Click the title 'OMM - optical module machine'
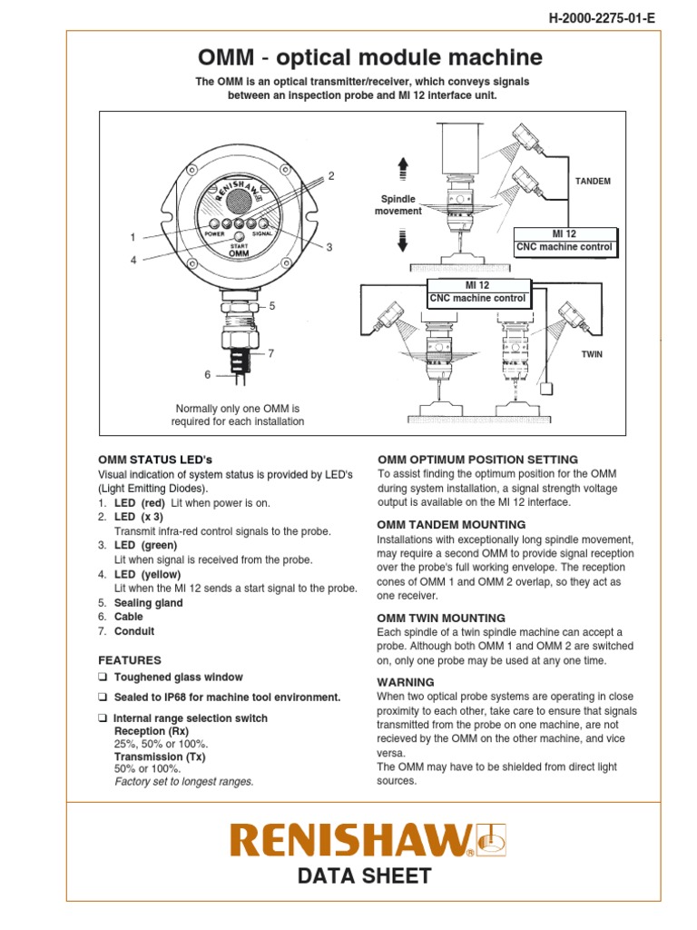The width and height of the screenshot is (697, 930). (x=369, y=58)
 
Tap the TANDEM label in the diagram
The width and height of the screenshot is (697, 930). (x=593, y=181)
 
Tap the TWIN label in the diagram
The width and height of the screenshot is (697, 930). (x=592, y=355)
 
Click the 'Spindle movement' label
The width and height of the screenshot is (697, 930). (x=398, y=204)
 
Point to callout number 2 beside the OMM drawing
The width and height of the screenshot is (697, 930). (x=331, y=175)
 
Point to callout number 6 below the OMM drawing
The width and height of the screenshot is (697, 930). (x=207, y=374)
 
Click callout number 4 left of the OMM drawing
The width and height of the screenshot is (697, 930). (x=133, y=260)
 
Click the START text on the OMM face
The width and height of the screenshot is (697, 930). (x=239, y=246)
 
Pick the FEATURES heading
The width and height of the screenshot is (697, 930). (x=129, y=660)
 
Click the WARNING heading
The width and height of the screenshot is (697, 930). (x=406, y=681)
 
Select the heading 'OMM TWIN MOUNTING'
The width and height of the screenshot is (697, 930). (x=441, y=618)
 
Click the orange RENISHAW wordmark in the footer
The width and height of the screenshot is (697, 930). (x=352, y=841)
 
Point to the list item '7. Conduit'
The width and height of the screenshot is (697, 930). (x=126, y=631)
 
